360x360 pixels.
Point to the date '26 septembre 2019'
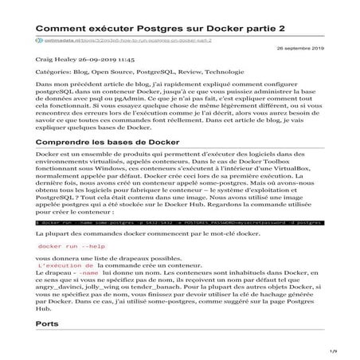point(304,49)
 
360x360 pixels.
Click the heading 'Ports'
point(48,324)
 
